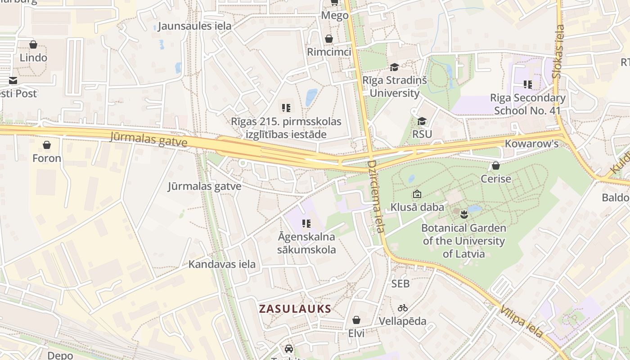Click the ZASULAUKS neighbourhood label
click(x=295, y=309)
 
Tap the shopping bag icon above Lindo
click(x=33, y=45)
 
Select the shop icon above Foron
click(x=46, y=145)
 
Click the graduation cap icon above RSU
click(x=422, y=121)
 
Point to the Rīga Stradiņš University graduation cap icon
click(x=394, y=67)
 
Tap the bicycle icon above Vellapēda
click(x=402, y=308)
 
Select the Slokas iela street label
click(x=559, y=51)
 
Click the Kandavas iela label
click(x=222, y=264)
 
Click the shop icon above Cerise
click(x=495, y=166)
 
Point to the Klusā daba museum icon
click(x=417, y=194)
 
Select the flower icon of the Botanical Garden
click(x=464, y=215)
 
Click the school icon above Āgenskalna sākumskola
click(x=306, y=223)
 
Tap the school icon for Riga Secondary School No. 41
click(x=527, y=84)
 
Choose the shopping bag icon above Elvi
click(x=356, y=320)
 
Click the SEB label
click(x=400, y=283)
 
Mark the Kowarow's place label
click(x=531, y=144)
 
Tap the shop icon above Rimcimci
click(x=329, y=39)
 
